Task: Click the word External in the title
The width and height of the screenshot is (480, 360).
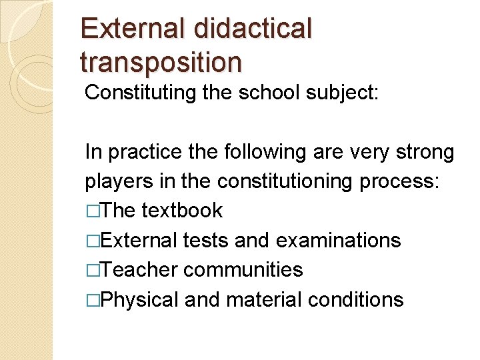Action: pos(133,29)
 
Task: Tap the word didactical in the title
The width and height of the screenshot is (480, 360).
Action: pos(253,29)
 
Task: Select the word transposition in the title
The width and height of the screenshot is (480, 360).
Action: pos(161,62)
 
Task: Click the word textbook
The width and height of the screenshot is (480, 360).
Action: pos(182,211)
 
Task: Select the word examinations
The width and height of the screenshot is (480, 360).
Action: pos(338,240)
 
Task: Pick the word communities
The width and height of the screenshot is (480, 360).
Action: pos(243,269)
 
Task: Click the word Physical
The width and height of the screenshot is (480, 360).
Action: pos(141,299)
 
